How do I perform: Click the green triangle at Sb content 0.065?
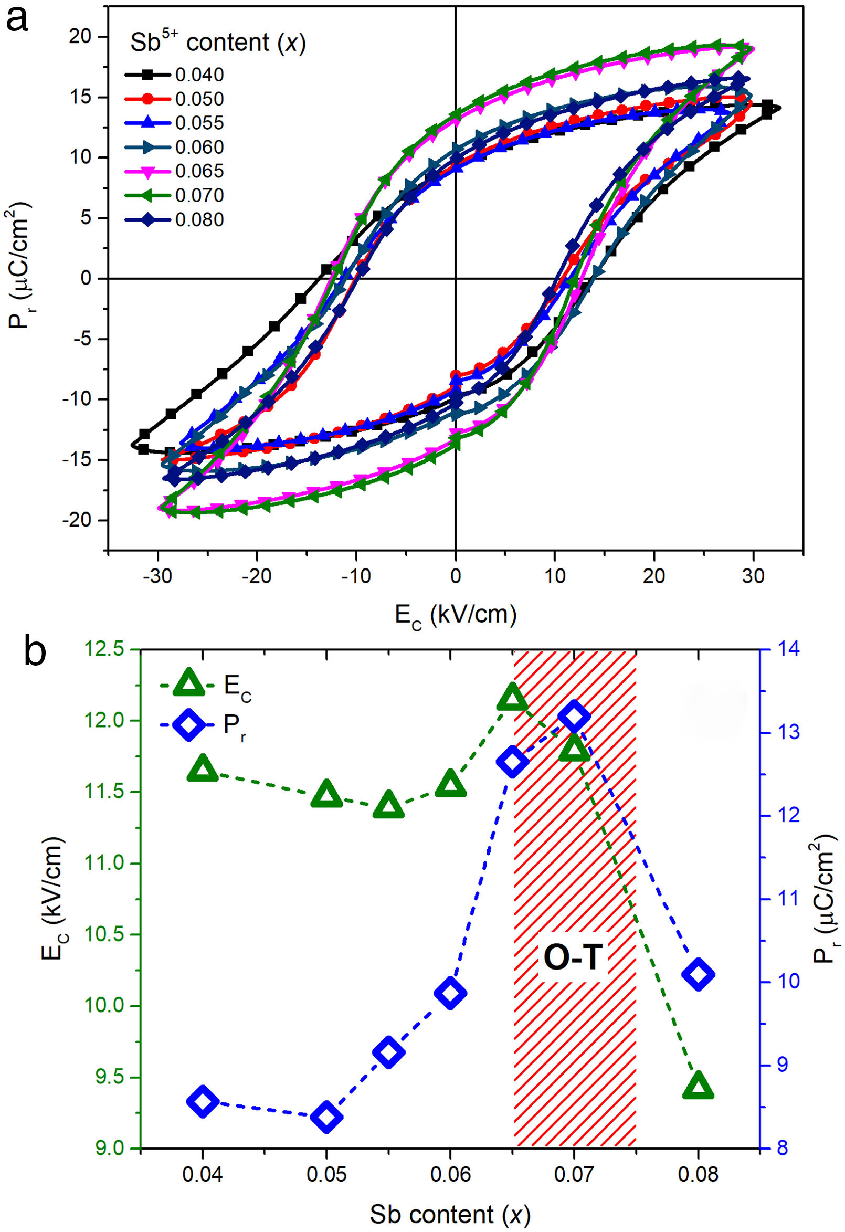tap(512, 697)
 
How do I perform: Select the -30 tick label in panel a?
tap(157, 577)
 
